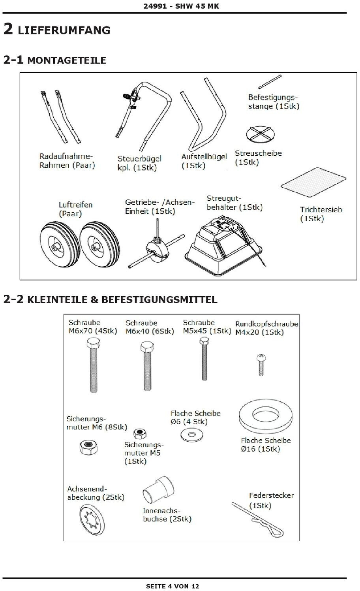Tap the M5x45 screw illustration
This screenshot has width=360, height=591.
point(204,360)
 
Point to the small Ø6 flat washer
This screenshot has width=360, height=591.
point(192,435)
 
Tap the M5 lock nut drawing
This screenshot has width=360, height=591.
point(139,433)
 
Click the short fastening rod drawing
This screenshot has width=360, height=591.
point(270,82)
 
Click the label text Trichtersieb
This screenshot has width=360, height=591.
point(321,210)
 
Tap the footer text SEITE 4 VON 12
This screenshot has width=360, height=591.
point(172,586)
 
